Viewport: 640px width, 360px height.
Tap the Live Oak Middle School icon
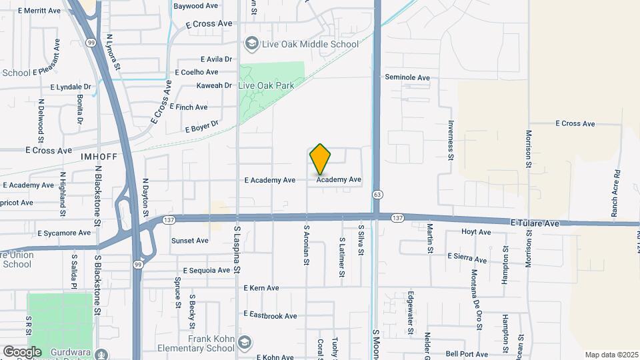(251, 44)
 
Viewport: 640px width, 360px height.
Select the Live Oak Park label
(266, 86)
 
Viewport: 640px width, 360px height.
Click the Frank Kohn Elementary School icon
(245, 343)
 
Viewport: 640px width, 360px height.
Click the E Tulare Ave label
(535, 223)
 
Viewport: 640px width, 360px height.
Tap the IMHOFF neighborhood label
(99, 156)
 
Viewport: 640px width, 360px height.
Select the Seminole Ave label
(407, 77)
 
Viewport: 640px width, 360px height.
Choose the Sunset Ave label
(190, 241)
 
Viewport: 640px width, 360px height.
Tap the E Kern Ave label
(261, 288)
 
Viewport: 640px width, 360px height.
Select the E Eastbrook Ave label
(270, 314)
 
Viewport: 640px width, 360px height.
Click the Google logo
(22, 351)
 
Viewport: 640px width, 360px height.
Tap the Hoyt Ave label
(476, 233)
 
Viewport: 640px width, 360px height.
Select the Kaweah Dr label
(214, 85)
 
